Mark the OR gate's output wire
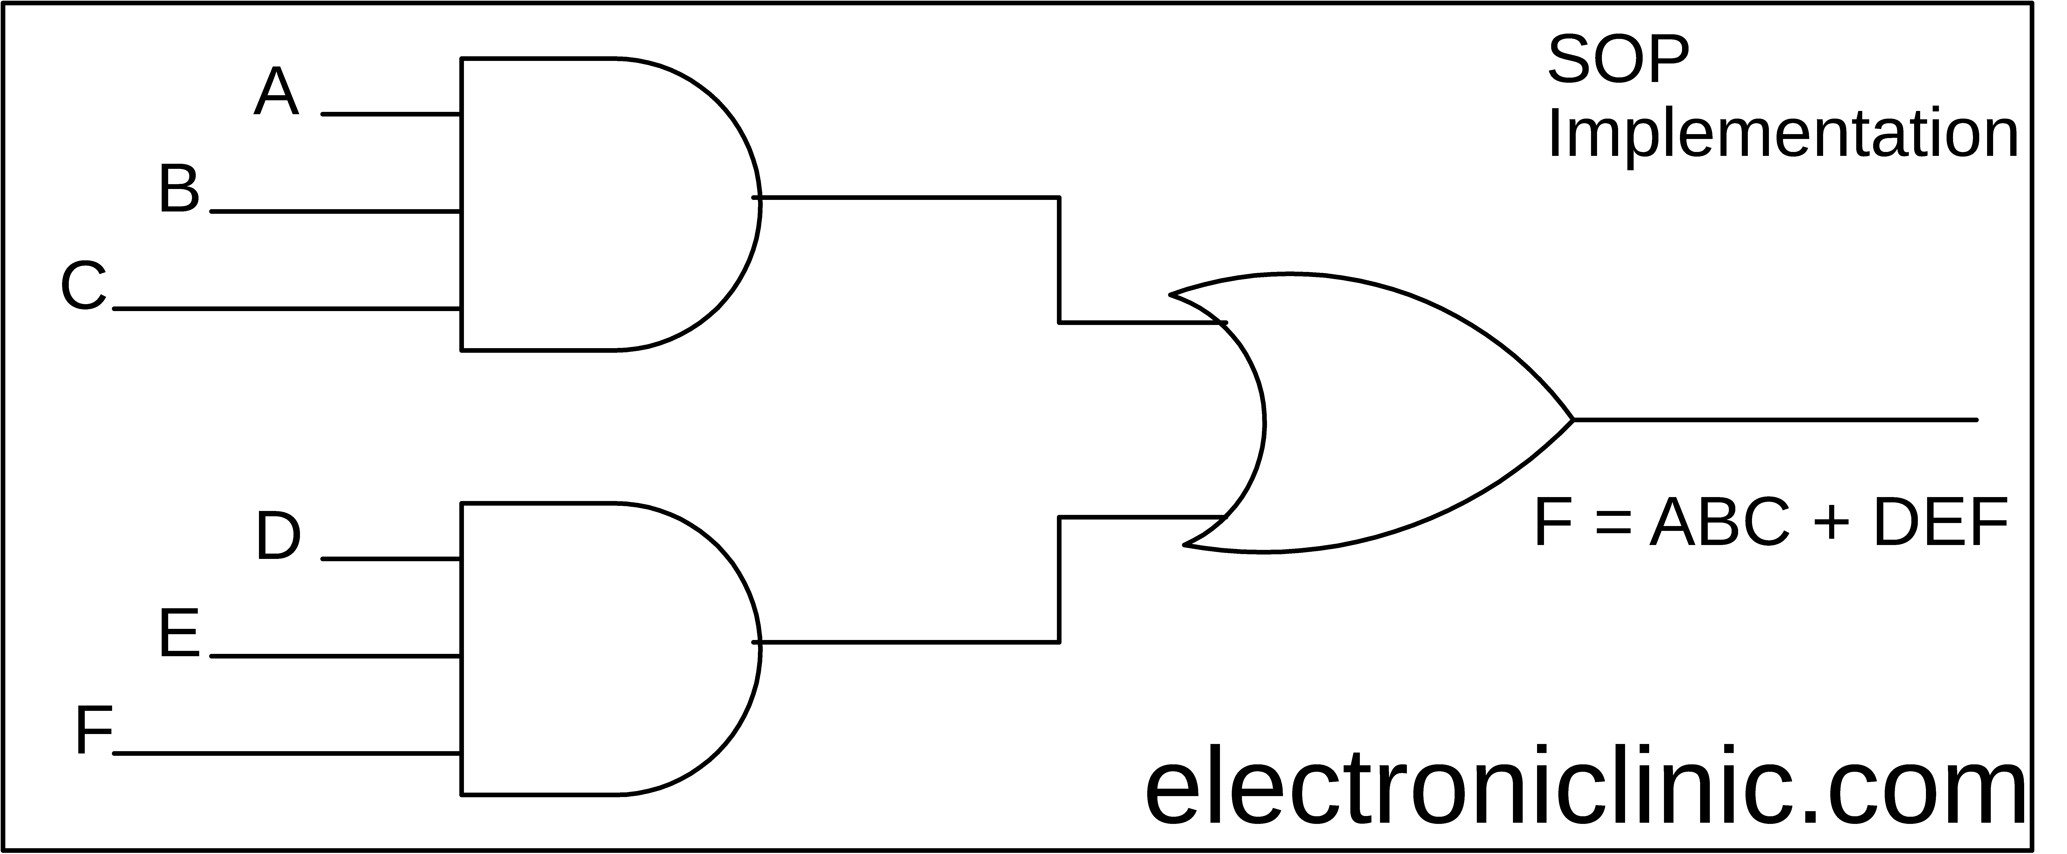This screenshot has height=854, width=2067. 1775,420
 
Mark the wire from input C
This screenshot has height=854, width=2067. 287,308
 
